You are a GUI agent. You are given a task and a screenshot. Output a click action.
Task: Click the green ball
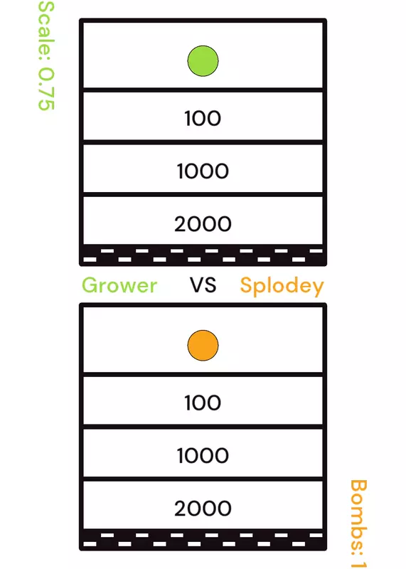(203, 61)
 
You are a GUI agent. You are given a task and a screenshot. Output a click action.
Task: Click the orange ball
(203, 346)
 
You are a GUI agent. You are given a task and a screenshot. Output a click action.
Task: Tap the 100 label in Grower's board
(203, 118)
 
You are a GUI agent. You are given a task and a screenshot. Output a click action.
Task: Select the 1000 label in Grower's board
(203, 171)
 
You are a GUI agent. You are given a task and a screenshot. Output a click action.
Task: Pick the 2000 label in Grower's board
(203, 223)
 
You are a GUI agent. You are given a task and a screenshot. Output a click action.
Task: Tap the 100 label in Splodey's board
(203, 403)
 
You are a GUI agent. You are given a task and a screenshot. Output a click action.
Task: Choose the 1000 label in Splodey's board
(203, 455)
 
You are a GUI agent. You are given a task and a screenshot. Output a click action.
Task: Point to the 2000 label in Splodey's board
(203, 508)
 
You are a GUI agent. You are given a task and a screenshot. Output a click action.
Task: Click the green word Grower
(119, 285)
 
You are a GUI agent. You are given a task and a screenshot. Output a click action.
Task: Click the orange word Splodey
(282, 287)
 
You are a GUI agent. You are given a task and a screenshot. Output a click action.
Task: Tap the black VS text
(203, 285)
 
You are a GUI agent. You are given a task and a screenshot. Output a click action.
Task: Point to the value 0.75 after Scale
(46, 89)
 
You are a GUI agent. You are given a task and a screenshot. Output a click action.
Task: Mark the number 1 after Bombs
(358, 563)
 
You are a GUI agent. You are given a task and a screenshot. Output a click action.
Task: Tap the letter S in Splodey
(246, 285)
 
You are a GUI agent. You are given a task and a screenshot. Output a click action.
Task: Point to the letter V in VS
(197, 285)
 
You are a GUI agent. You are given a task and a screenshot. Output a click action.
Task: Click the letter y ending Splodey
(318, 289)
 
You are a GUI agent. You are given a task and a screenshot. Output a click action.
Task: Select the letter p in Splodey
(261, 289)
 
